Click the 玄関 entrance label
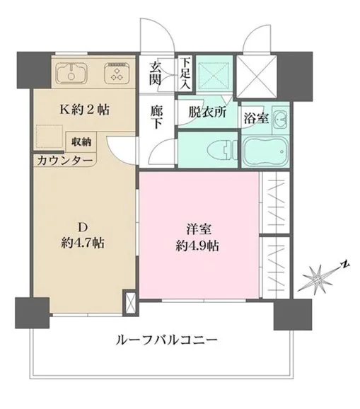[x=156, y=74]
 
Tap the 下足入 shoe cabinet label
[x=185, y=72]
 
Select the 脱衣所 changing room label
[x=207, y=113]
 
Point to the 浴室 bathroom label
[x=255, y=117]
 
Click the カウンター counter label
[x=64, y=161]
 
